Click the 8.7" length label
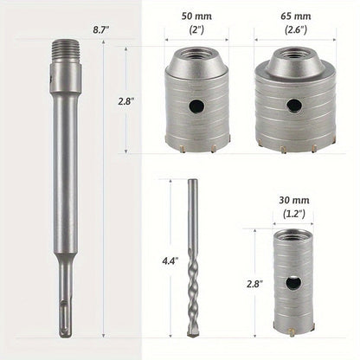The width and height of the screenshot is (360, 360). pos(101,30)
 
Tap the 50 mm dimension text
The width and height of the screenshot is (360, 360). pos(196,16)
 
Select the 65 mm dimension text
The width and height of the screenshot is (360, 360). pos(296,16)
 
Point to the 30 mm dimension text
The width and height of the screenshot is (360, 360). pos(294,200)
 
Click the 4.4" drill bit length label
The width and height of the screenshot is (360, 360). pos(170,261)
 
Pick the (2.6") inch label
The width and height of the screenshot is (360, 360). pos(296,29)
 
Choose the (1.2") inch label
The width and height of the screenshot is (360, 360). pos(294,214)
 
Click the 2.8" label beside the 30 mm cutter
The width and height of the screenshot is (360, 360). pos(254,284)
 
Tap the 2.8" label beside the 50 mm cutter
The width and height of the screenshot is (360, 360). pos(126,101)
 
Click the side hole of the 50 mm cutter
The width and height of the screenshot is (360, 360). pos(196,106)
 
